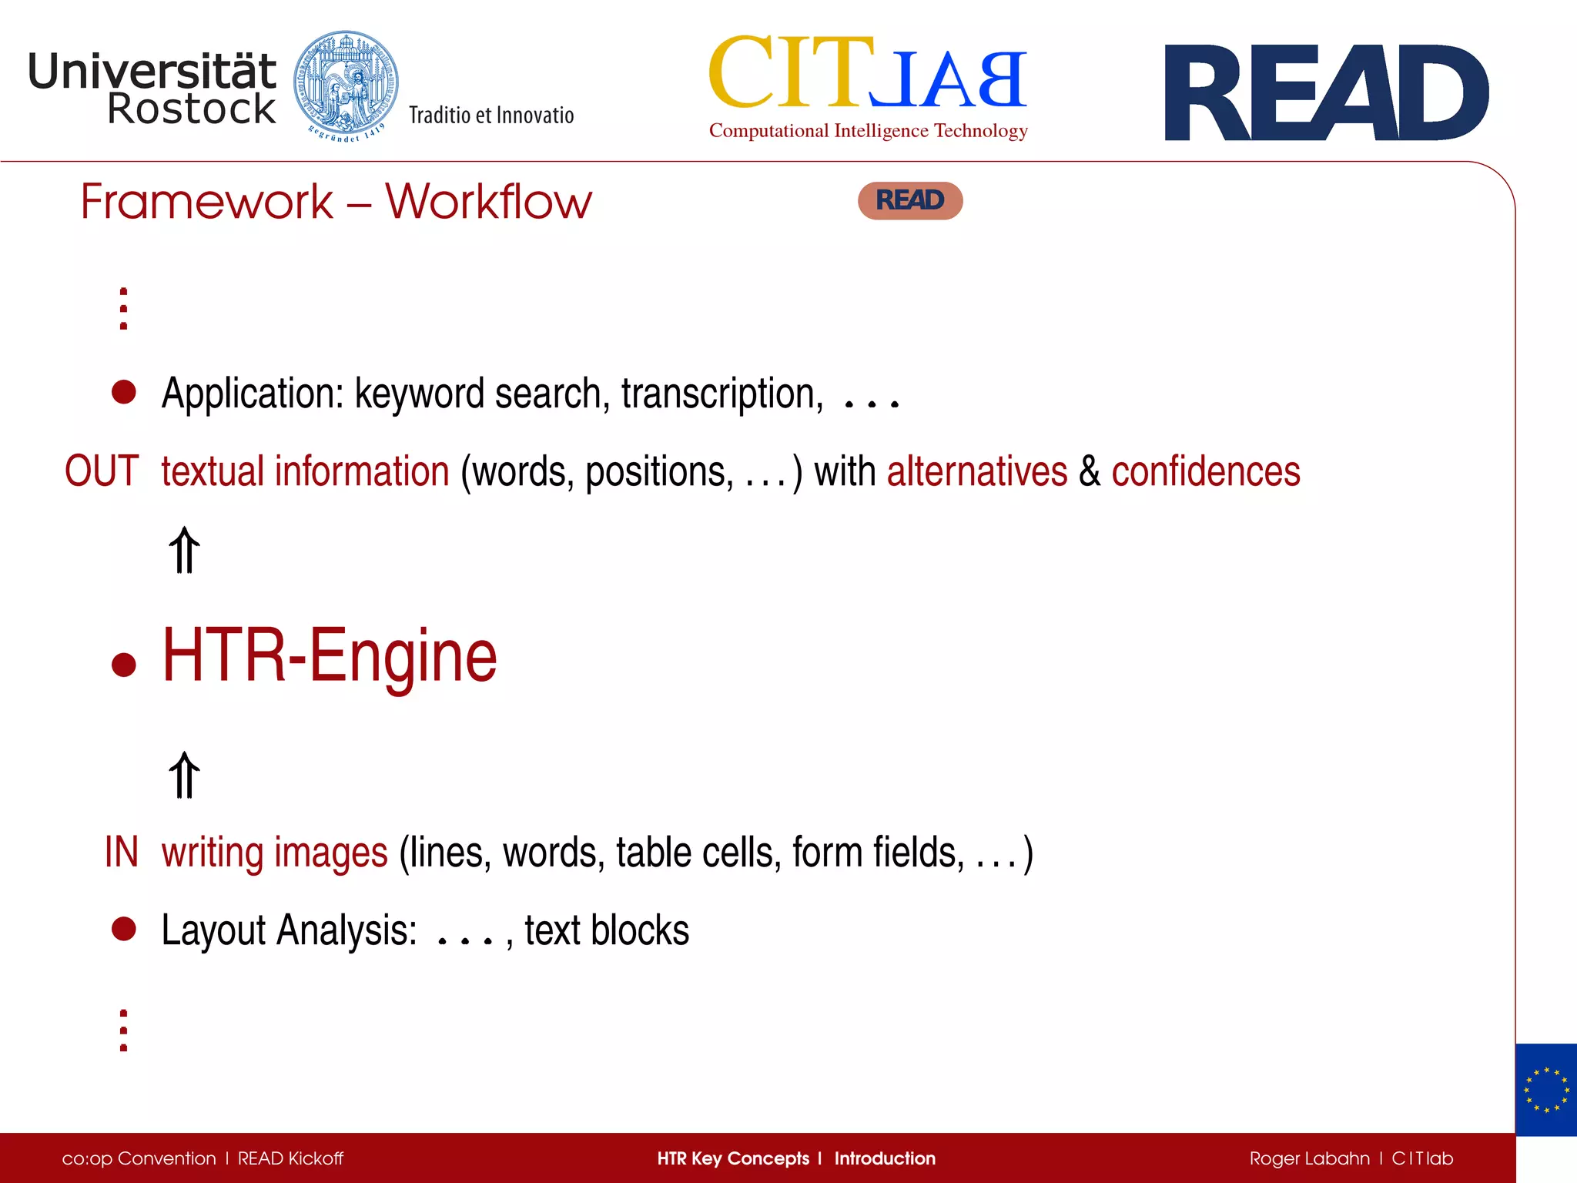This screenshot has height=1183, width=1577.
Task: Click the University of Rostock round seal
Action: (x=346, y=85)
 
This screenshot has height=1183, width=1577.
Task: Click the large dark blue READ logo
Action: (x=1326, y=93)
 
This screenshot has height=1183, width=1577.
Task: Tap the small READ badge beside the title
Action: (x=910, y=201)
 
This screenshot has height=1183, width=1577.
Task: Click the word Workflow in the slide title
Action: (x=488, y=202)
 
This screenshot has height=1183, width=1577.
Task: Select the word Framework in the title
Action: (x=207, y=202)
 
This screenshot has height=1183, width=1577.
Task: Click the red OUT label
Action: (x=102, y=471)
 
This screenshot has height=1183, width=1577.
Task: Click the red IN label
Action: (x=121, y=853)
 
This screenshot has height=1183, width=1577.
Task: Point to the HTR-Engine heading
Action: (x=330, y=656)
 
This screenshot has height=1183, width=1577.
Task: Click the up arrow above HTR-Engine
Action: (x=184, y=551)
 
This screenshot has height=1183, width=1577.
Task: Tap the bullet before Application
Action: (x=124, y=392)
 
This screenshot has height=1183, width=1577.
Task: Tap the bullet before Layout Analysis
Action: (x=124, y=929)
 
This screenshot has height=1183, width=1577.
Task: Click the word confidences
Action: (x=1206, y=471)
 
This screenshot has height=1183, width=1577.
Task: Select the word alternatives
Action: (x=977, y=471)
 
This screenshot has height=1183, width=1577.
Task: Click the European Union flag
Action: (x=1545, y=1090)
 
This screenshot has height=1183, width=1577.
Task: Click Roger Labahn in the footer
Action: (x=1309, y=1158)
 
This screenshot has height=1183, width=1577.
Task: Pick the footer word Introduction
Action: (x=885, y=1158)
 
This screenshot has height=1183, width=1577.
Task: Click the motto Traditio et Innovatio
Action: (x=491, y=116)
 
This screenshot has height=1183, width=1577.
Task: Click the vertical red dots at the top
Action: (x=124, y=309)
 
